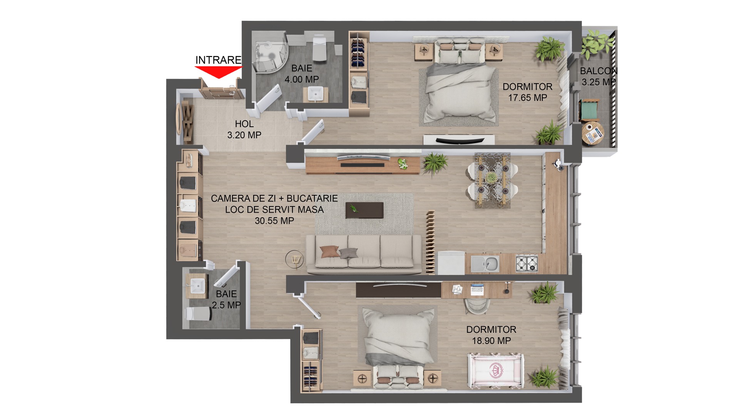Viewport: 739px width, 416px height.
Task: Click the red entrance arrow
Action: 218,72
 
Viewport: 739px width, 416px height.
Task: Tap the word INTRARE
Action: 218,60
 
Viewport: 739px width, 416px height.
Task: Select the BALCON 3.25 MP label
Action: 599,76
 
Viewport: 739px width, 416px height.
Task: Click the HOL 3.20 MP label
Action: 244,129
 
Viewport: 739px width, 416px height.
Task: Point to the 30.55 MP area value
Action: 274,221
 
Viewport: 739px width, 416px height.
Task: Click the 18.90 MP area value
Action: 492,341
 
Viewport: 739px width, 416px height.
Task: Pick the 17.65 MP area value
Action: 528,98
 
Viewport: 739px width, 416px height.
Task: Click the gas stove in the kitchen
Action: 527,263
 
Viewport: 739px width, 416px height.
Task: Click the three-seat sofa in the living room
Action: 364,254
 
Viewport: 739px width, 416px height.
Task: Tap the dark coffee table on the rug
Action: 364,210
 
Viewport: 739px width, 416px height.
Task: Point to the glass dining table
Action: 492,180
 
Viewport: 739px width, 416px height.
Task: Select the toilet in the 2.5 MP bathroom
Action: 199,314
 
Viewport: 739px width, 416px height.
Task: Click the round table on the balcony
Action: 593,133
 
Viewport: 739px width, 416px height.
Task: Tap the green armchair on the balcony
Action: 589,110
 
